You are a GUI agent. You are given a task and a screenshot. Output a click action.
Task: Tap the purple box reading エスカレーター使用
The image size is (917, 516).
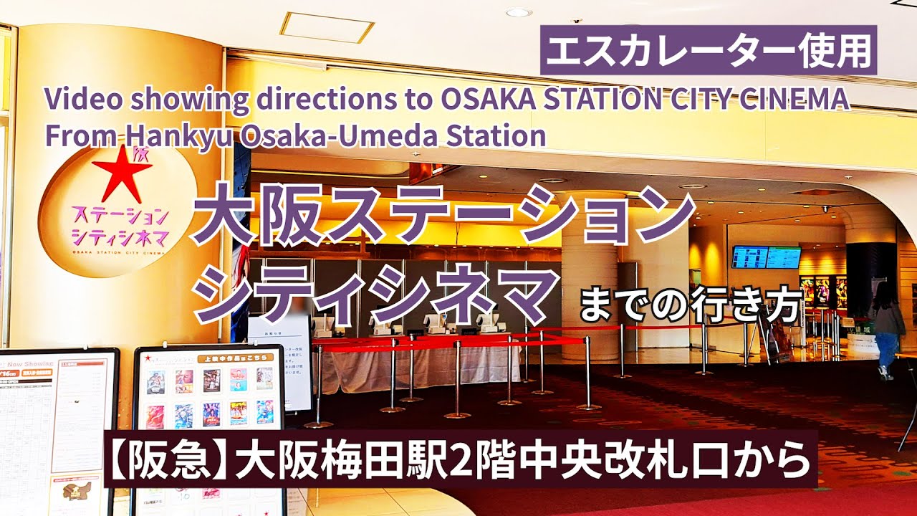709,50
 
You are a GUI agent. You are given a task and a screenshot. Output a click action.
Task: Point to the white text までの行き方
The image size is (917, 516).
689,307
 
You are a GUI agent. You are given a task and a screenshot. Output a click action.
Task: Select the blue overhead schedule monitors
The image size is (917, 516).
766,257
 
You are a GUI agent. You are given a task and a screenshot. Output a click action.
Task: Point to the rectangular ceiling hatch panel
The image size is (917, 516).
327,27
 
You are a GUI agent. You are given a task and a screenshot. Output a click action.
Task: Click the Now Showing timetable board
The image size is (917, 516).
57,430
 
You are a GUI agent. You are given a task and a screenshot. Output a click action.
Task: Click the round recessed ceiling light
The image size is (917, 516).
519,12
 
